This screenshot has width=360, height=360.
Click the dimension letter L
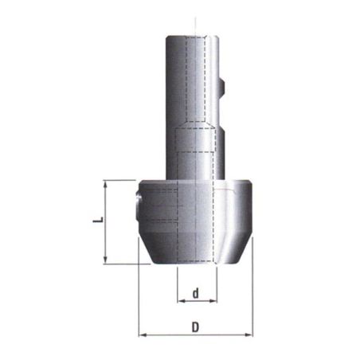[x=98, y=219]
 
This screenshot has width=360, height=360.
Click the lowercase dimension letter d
[x=196, y=293]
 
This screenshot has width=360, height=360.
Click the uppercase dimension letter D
[x=195, y=327]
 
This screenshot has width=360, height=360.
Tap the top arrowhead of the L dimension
[x=106, y=184]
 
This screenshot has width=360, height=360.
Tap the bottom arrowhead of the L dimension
[x=106, y=260]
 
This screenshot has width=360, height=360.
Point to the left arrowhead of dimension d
[x=181, y=301]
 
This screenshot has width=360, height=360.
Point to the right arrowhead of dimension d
[x=213, y=301]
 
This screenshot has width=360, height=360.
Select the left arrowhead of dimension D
[x=143, y=335]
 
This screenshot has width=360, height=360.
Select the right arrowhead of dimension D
[x=249, y=335]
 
